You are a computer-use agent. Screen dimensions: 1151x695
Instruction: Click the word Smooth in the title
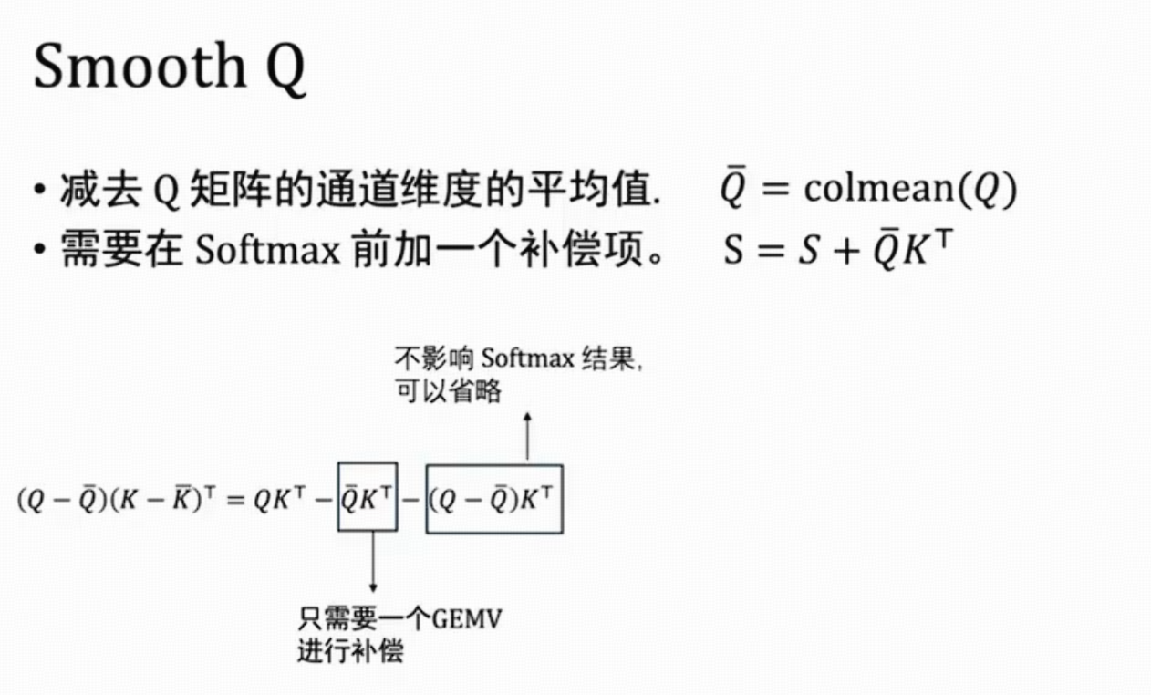(140, 66)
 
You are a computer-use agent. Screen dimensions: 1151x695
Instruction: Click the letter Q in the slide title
(285, 70)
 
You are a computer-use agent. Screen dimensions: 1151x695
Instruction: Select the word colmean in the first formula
(878, 189)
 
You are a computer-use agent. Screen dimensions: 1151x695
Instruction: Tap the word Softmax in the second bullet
(268, 250)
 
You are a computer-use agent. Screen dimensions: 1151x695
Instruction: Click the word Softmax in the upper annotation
(527, 358)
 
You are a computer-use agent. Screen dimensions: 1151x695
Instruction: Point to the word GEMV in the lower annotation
(467, 619)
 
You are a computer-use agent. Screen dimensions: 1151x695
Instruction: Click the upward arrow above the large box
(527, 436)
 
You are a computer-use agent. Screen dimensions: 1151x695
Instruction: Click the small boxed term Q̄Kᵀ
(368, 496)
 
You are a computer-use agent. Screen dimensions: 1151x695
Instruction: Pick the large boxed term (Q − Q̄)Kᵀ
(494, 499)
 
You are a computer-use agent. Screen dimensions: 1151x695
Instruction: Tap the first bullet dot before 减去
(39, 190)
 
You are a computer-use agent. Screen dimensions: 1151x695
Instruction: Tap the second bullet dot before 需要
(39, 250)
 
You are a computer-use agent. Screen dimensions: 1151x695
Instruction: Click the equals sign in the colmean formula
(775, 189)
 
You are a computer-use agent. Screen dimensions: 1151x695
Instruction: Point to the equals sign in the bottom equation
(235, 500)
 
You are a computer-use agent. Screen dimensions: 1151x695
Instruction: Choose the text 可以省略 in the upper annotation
(448, 391)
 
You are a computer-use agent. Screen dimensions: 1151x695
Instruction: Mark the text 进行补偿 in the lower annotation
(351, 651)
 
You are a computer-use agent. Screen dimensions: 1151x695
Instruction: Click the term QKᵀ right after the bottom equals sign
(279, 498)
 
